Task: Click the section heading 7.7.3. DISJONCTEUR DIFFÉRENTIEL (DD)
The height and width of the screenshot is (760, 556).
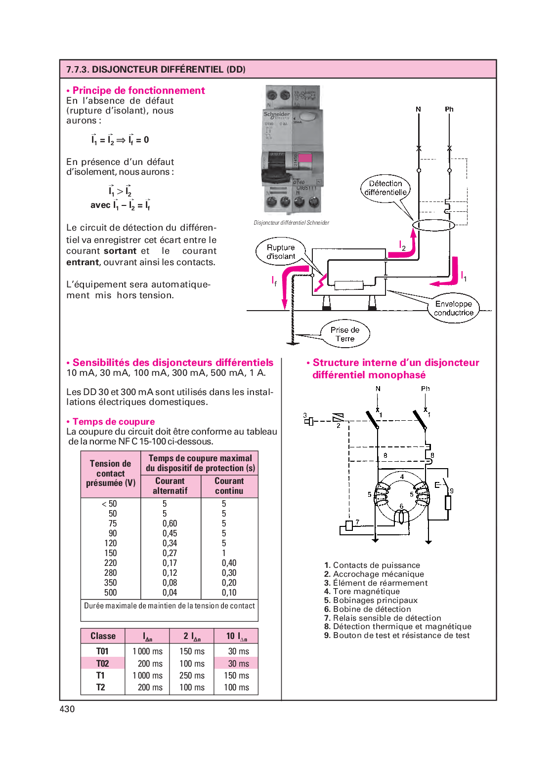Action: coord(156,70)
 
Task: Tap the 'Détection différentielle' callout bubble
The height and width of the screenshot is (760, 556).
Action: coord(385,188)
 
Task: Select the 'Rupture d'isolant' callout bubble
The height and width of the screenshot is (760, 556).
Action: coord(281,252)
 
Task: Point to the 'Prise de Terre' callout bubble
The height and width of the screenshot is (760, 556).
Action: coord(345,334)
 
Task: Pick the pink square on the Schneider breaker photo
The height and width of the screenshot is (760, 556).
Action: coord(305,159)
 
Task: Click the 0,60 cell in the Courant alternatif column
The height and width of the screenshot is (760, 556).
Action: coord(170,523)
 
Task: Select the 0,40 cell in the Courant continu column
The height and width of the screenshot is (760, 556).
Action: coord(229,563)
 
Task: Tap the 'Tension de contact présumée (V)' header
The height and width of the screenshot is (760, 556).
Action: coord(111,474)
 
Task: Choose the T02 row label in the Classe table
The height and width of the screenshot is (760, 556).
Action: coord(102,664)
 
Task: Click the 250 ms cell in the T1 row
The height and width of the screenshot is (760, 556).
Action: coord(192,676)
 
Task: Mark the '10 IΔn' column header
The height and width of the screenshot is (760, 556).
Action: coord(236,636)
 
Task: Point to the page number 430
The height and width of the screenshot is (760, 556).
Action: coord(67,709)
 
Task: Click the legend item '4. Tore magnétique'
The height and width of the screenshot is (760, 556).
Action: coord(362,592)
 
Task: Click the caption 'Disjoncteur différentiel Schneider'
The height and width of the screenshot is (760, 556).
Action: coord(292,223)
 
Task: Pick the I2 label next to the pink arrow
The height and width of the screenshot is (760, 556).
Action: coord(402,245)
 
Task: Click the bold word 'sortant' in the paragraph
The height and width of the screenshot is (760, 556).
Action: coord(120,251)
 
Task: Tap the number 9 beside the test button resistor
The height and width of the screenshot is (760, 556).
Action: coord(451,491)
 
